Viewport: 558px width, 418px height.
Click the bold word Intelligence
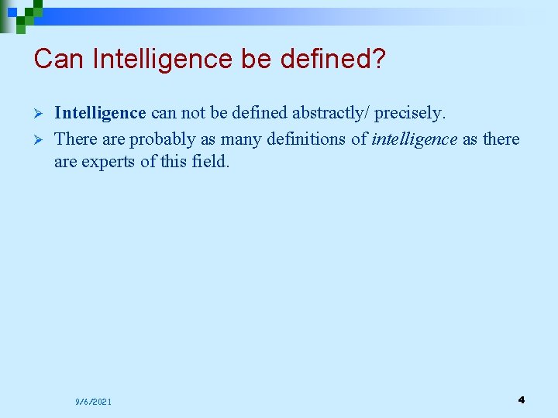point(100,113)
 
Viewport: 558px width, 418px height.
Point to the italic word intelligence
point(415,139)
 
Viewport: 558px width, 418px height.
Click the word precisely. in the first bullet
point(411,113)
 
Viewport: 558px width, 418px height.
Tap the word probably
point(162,139)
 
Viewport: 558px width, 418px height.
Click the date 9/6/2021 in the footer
point(93,402)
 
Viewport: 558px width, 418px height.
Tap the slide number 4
point(521,399)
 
